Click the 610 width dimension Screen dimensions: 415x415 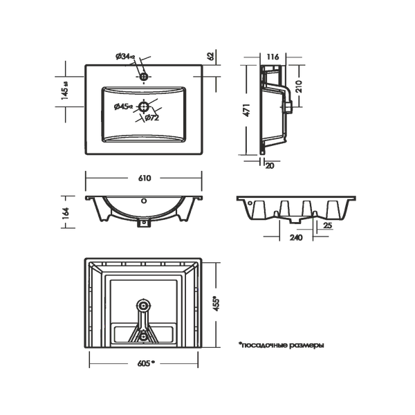[x=145, y=178]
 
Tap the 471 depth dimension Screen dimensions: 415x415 [x=246, y=110]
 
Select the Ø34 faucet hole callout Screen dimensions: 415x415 [x=125, y=57]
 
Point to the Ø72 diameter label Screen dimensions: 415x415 [x=152, y=118]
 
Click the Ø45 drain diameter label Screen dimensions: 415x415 [x=123, y=107]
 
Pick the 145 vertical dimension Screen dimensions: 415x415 [x=65, y=91]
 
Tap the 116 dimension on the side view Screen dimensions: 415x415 [x=273, y=57]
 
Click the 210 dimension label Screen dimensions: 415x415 [x=299, y=86]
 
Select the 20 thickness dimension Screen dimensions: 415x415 [x=270, y=166]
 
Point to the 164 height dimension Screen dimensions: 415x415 [x=66, y=212]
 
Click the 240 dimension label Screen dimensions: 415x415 [x=296, y=237]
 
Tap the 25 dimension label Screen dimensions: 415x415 [x=328, y=225]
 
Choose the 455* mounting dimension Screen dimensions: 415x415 [x=216, y=304]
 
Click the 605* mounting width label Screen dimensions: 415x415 [x=146, y=363]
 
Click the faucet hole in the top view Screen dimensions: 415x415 [x=144, y=77]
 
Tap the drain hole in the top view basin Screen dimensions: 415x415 [x=144, y=107]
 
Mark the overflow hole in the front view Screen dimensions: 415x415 [x=144, y=201]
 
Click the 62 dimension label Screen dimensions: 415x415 [x=211, y=56]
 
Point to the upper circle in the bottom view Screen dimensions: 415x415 [x=143, y=306]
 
